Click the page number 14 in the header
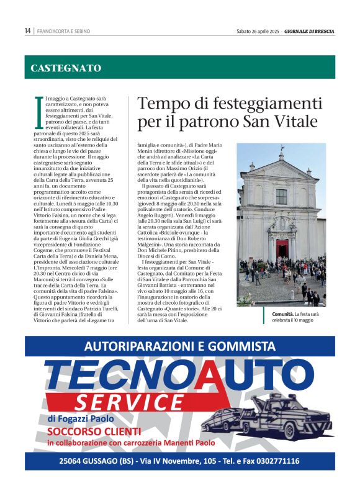[27, 30]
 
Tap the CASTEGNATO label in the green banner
[66, 68]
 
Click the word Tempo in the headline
[163, 104]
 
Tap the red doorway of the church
[282, 249]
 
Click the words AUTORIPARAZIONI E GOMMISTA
[180, 346]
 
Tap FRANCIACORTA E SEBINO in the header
[64, 30]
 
